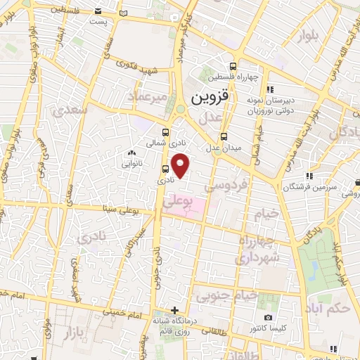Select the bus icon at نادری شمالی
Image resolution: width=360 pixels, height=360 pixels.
[x=166, y=131]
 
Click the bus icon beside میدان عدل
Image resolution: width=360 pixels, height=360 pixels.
[x=224, y=136]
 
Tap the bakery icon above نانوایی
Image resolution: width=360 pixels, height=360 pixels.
[x=131, y=153]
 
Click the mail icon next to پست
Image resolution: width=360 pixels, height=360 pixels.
[x=124, y=13]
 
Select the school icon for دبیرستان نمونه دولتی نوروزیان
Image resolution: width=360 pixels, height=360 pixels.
[x=270, y=89]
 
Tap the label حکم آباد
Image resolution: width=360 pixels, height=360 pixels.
[x=329, y=307]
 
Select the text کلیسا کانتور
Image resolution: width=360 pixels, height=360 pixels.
[x=276, y=328]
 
